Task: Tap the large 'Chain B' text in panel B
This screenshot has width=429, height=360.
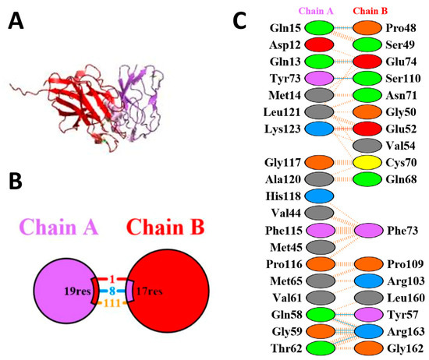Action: coord(165,231)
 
